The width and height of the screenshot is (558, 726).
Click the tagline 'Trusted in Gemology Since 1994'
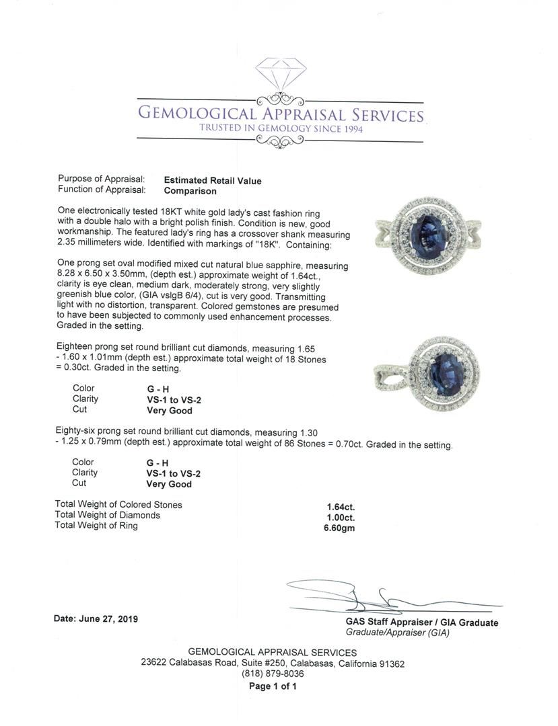pos(281,128)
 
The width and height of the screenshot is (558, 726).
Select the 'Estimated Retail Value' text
pos(213,181)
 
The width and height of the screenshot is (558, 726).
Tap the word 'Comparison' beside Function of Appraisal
pos(190,191)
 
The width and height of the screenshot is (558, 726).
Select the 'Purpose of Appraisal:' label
pos(102,179)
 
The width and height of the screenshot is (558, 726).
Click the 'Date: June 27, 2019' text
pos(96,618)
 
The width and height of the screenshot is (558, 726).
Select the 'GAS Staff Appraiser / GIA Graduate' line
pos(422,622)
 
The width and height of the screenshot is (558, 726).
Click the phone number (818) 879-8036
pos(273,674)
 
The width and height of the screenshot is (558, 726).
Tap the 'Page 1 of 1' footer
pos(273,686)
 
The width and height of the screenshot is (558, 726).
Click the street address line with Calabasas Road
pos(273,663)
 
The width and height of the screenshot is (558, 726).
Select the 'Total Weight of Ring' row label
pos(96,526)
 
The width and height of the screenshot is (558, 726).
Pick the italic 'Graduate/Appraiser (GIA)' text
pos(397,633)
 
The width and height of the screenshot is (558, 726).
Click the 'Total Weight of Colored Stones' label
pos(118,505)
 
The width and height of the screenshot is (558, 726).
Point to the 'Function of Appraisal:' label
pos(102,190)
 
